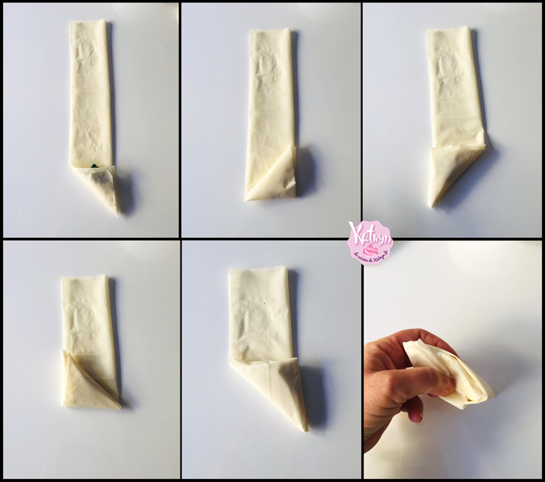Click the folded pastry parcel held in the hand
point(452,372)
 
